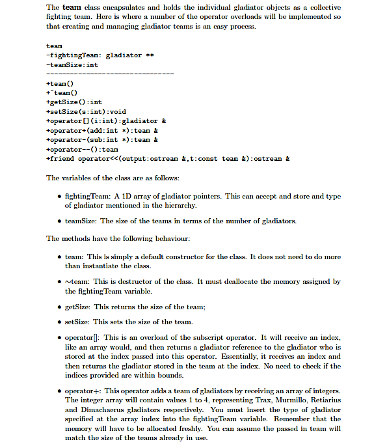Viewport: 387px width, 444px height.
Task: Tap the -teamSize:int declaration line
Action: point(72,64)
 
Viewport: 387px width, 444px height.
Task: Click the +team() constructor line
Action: point(60,83)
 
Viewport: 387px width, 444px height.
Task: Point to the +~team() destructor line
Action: point(62,93)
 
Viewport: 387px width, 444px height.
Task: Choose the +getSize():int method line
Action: point(74,102)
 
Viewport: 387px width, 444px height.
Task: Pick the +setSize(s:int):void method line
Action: point(86,111)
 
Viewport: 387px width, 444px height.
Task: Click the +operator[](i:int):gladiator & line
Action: point(106,121)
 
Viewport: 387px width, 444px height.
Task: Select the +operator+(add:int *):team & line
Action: point(102,130)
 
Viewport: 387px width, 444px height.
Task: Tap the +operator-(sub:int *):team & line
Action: point(102,139)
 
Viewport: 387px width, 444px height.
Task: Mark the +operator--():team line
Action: point(82,149)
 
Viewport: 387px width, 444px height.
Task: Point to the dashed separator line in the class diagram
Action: point(110,74)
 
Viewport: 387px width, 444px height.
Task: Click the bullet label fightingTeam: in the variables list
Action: point(88,196)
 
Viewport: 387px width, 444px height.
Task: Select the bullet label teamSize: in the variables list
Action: point(81,221)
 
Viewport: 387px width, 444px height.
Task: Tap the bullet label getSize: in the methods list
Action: point(78,307)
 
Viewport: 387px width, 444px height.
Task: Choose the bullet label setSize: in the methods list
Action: point(77,322)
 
